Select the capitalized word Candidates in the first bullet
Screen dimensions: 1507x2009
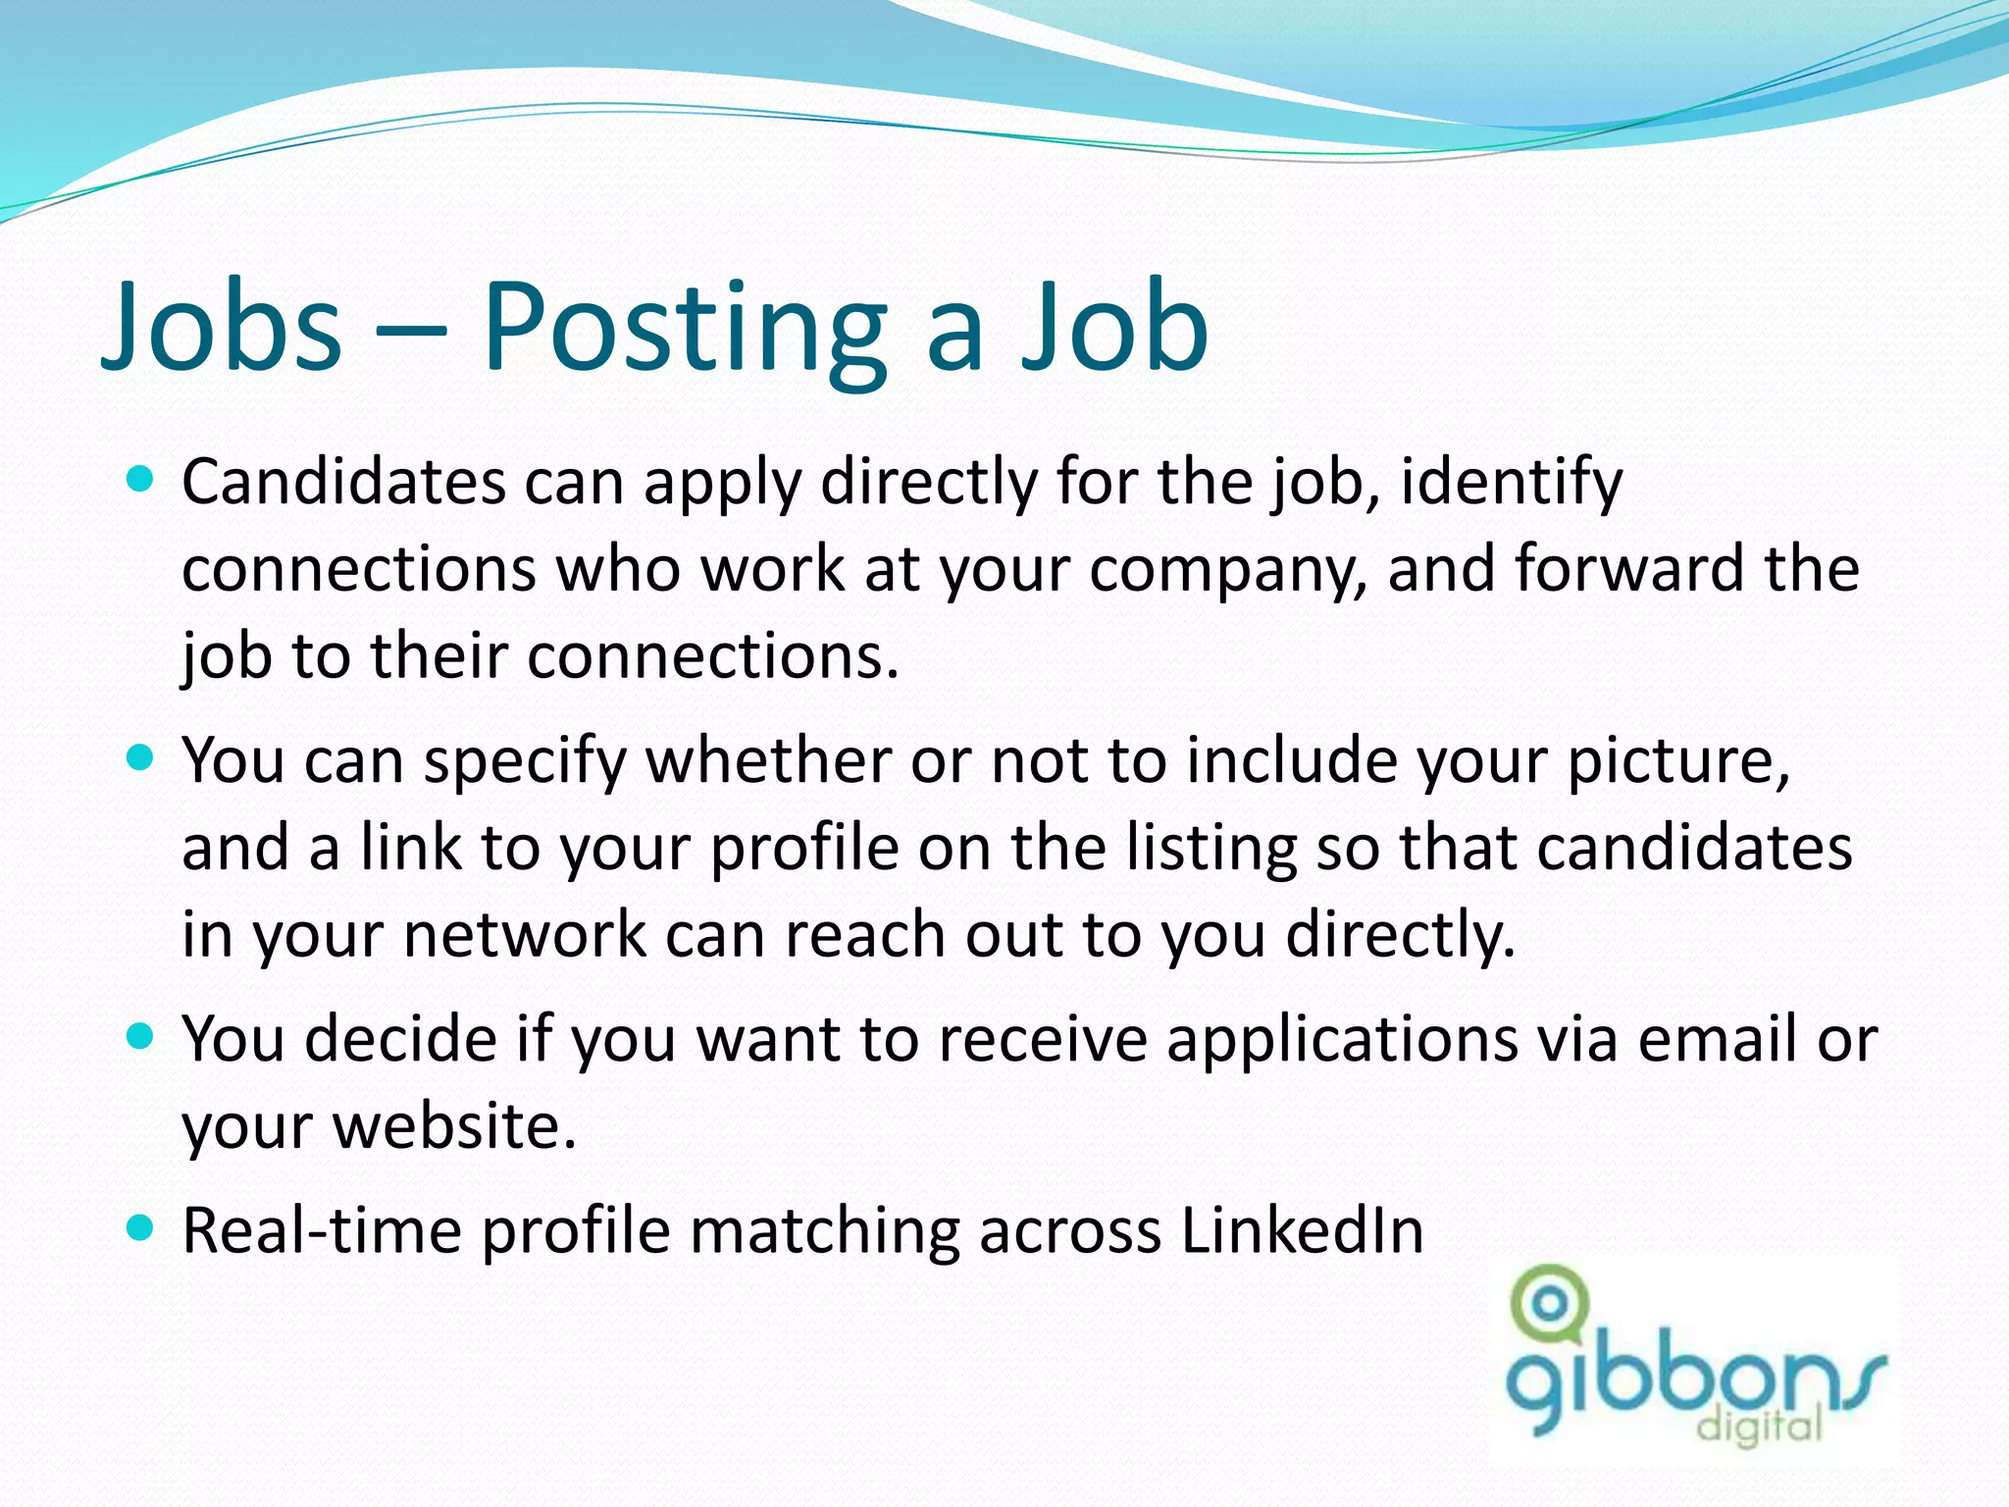pyautogui.click(x=342, y=483)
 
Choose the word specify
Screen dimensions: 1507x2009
pyautogui.click(x=525, y=762)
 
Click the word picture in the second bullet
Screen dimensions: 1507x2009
pyautogui.click(x=1674, y=762)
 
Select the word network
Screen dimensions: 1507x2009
pyautogui.click(x=525, y=935)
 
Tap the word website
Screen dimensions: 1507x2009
pyautogui.click(x=454, y=1125)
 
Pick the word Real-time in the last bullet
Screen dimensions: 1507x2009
pyautogui.click(x=322, y=1230)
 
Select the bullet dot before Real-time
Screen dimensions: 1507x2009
pyautogui.click(x=141, y=1227)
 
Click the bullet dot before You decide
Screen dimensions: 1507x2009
pyautogui.click(x=141, y=1036)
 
